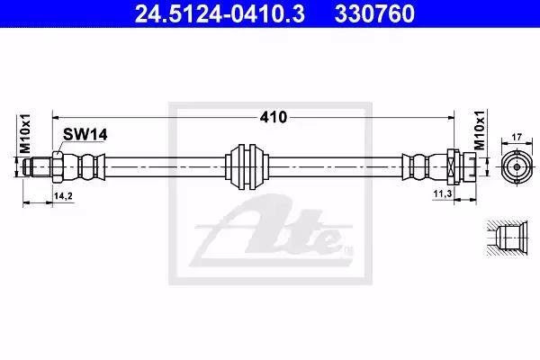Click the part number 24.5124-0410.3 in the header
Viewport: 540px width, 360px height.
tap(220, 13)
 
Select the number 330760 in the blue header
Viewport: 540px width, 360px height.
tap(374, 13)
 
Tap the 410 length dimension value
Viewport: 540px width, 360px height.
tap(273, 118)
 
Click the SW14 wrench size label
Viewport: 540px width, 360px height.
tap(85, 135)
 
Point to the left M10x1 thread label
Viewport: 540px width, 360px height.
tap(25, 134)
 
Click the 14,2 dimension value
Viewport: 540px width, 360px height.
tap(63, 196)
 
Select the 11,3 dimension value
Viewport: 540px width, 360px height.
tap(443, 194)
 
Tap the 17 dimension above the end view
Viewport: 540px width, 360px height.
tap(517, 137)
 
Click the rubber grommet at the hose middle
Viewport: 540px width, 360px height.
tap(247, 166)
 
